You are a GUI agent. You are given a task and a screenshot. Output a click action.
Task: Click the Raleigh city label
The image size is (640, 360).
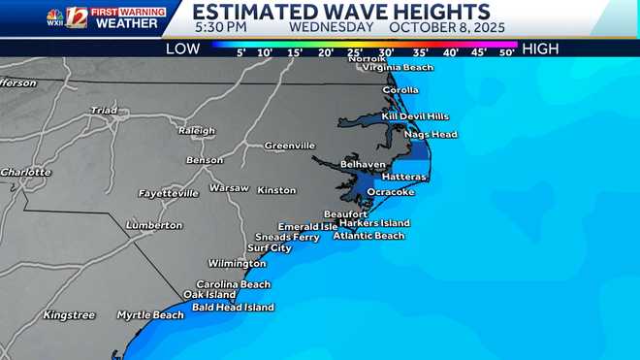196,130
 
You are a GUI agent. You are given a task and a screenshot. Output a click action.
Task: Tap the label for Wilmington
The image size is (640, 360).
237,264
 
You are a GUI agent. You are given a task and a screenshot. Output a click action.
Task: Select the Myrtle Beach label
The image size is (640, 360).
150,315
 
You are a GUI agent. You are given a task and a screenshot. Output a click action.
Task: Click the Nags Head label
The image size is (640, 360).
431,134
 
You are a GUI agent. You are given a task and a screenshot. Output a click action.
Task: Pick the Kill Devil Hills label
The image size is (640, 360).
415,116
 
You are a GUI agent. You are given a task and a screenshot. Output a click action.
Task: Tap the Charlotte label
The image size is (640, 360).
25,172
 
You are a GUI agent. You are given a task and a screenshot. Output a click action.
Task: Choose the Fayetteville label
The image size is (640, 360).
169,193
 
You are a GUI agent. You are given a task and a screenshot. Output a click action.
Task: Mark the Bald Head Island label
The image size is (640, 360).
233,308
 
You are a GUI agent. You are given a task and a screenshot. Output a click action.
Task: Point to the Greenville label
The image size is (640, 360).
290,147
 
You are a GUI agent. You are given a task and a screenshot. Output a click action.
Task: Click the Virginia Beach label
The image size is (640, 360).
397,68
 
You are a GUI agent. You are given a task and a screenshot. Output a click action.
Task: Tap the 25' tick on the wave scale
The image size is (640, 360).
356,52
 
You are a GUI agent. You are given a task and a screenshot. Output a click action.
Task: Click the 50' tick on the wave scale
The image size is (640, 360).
506,52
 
